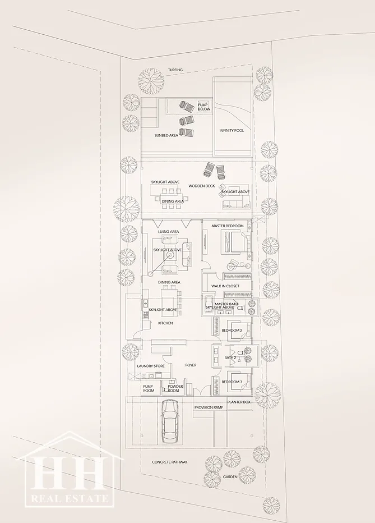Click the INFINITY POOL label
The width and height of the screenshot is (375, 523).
point(232,130)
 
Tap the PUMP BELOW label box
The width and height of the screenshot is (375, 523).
point(204,107)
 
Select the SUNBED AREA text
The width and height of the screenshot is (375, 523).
point(166,135)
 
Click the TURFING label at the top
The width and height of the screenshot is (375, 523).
point(175,70)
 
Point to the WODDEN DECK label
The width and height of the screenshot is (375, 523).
point(202,186)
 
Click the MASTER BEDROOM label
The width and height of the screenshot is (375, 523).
point(228,226)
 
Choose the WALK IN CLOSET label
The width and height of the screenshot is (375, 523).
point(225,286)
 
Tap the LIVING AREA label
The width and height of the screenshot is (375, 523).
point(169,232)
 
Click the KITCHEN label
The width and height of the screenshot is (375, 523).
point(165,323)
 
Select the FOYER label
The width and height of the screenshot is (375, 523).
point(191,365)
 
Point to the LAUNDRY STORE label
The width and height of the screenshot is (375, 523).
point(151,366)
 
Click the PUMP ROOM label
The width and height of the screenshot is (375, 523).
point(149,388)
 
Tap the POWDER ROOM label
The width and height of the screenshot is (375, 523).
point(175,388)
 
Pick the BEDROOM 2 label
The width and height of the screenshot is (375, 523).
point(232,330)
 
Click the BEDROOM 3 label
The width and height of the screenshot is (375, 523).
point(232,382)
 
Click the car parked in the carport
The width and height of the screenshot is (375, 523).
point(169,422)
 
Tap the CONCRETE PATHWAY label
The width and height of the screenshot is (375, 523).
point(169,462)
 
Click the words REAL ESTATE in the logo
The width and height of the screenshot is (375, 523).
point(70,498)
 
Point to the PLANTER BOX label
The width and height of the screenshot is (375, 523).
point(239,402)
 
